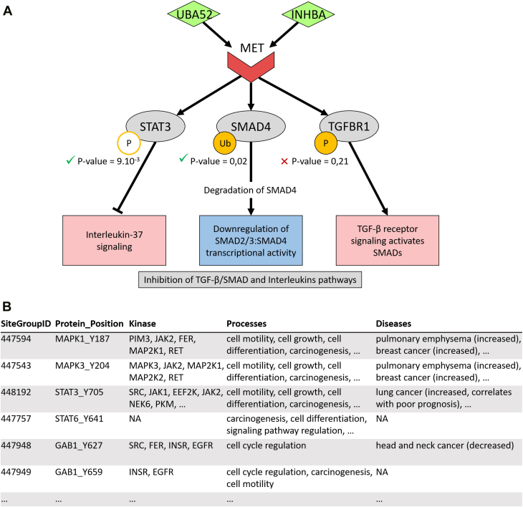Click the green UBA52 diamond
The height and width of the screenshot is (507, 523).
point(193,14)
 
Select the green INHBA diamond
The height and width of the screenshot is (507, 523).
point(308,14)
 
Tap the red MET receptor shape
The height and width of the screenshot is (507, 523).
point(251,67)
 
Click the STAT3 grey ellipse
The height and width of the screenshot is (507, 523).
point(155,126)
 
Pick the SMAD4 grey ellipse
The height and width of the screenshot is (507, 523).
point(251,126)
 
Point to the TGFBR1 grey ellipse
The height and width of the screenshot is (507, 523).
point(349,126)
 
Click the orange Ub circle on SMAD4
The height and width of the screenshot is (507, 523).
point(225,143)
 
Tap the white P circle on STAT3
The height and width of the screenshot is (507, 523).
point(129,143)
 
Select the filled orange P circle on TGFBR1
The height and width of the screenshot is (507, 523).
point(326,143)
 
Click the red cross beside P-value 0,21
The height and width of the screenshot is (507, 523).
point(284,162)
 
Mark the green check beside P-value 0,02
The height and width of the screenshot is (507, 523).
point(183,158)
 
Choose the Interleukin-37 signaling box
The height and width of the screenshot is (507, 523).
point(114,241)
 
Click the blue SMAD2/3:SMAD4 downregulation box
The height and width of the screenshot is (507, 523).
point(251,241)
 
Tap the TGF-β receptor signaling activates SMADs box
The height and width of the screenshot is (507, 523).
point(388,241)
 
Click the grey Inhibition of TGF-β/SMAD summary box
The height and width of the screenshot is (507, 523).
point(250,280)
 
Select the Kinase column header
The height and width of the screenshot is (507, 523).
point(143,324)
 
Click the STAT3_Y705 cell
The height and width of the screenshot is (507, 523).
point(79,392)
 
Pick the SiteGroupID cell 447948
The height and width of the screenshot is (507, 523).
point(16,445)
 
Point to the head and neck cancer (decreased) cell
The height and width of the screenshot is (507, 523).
point(445,445)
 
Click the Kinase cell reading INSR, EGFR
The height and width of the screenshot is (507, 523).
point(151,473)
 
